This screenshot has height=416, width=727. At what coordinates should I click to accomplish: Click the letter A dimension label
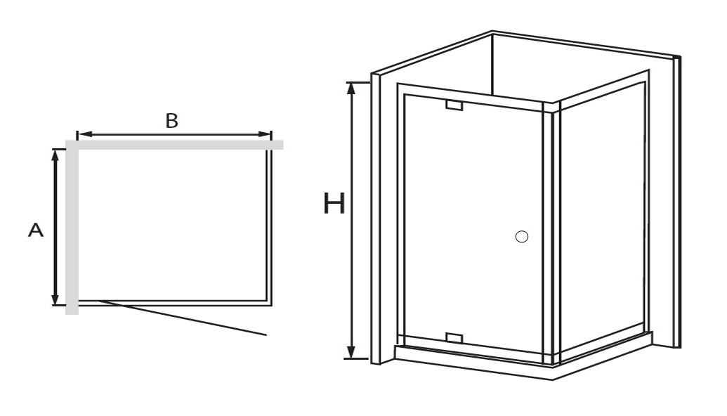pos(36,230)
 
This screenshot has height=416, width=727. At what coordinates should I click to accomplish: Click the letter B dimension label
pos(172,121)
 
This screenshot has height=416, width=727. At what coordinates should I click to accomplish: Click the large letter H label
pos(334,204)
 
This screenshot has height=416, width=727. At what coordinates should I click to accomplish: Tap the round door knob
pos(522,237)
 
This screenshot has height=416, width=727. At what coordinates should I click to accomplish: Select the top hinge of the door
pos(454,105)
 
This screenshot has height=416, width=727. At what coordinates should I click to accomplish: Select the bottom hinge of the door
pos(454,337)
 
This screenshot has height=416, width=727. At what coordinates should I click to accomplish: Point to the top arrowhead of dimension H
pos(352,88)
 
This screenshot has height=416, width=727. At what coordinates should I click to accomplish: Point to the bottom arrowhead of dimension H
pos(352,353)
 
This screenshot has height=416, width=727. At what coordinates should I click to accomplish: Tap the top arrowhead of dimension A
pos(55,156)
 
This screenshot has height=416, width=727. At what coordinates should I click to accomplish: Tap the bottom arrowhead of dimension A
pos(55,299)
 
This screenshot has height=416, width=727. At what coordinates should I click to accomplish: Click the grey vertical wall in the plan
pos(72,227)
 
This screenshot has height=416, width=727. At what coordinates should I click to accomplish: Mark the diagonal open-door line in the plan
pos(182,318)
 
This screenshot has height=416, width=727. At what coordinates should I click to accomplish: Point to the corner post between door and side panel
pos(551,232)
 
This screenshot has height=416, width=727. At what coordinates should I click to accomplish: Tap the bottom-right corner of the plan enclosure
pos(270,305)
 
